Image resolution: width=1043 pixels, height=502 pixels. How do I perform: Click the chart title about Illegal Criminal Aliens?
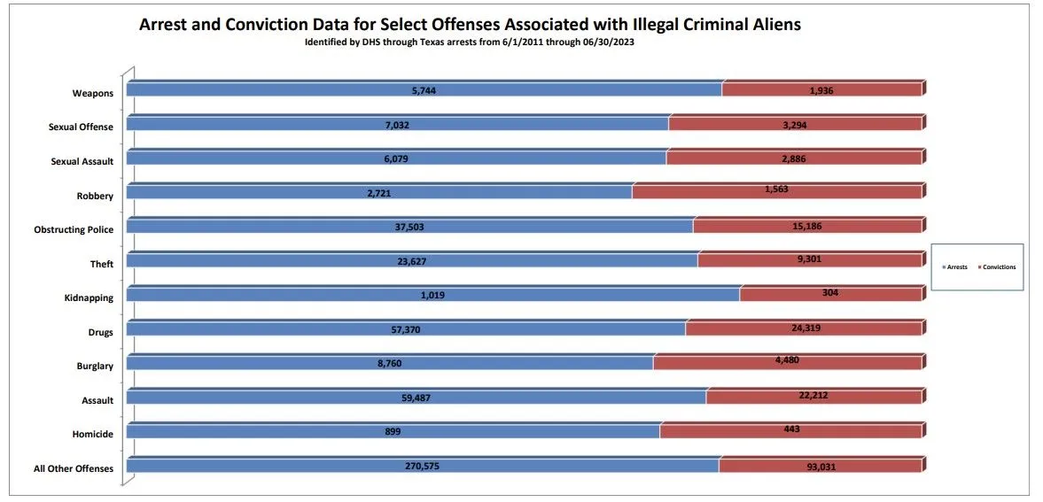point(470,25)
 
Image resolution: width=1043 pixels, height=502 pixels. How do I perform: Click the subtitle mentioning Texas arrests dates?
point(469,42)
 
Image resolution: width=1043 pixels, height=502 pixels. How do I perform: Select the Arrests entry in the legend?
point(955,266)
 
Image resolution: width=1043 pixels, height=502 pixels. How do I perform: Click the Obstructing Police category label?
point(74,229)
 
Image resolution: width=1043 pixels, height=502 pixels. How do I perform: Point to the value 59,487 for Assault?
point(416,398)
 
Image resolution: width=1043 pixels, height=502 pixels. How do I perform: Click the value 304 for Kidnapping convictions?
point(829,293)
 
